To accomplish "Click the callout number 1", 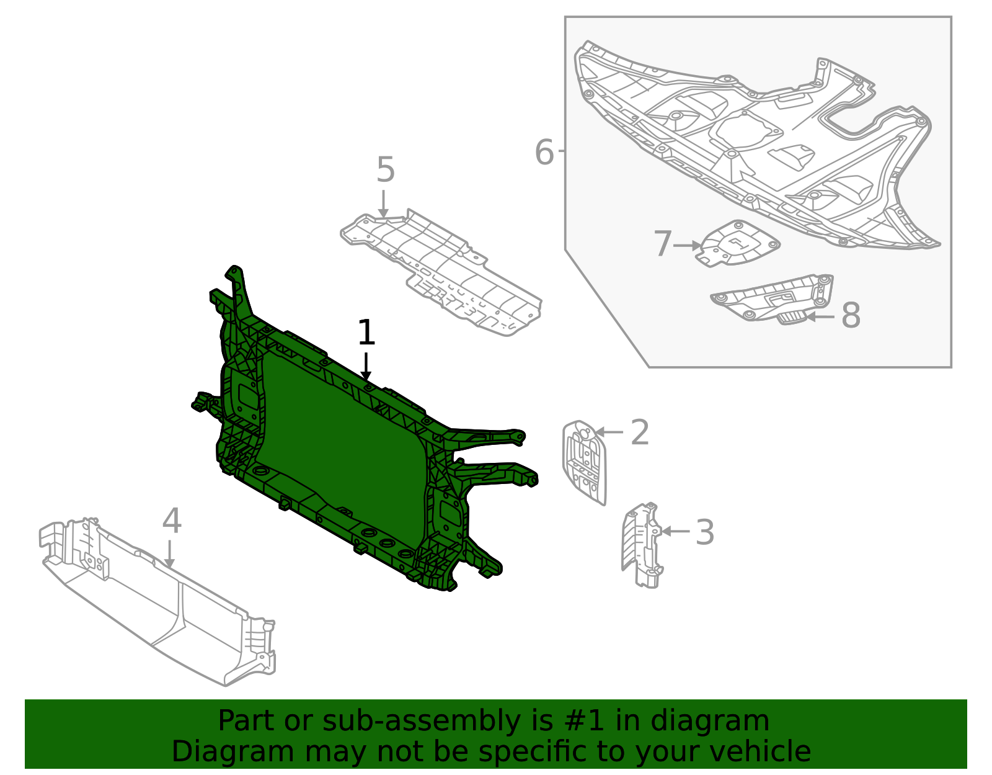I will (x=366, y=333).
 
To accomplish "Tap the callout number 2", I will (x=639, y=432).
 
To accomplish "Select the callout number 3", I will (x=704, y=532).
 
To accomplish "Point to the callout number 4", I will (x=172, y=521).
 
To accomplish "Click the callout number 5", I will (x=385, y=170).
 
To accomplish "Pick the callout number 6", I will (x=544, y=153).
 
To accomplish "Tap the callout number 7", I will (x=662, y=244).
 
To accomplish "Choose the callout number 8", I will (x=851, y=315).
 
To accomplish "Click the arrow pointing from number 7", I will (x=687, y=246).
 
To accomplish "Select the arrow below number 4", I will (x=169, y=553).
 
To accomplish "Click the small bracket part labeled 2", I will (x=584, y=462).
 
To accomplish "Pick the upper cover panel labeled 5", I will (x=440, y=270).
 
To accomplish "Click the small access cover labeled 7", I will (x=738, y=243).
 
